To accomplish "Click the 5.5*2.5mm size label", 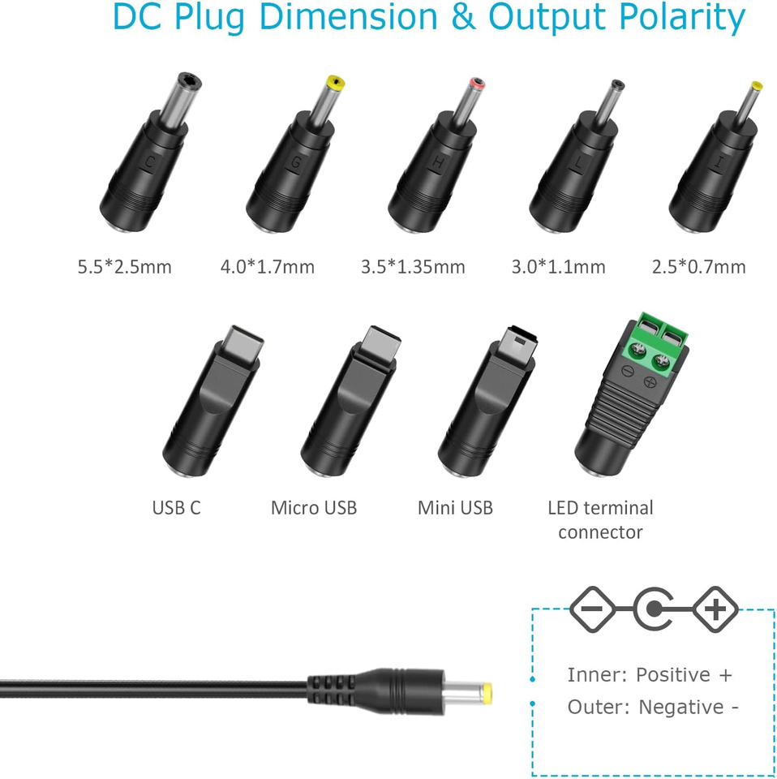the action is (125, 267).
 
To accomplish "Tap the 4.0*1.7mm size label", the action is (268, 267).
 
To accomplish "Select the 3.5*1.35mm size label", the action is (413, 267).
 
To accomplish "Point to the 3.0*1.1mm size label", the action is (559, 267).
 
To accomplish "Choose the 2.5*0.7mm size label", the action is (699, 267).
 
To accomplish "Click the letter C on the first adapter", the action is (150, 162).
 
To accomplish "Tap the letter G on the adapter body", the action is (296, 162).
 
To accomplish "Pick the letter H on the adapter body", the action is (438, 163).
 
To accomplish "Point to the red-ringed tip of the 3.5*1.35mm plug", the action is (477, 84).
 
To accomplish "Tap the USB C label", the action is (176, 508).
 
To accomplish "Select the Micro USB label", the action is (314, 508).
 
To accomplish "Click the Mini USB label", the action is (455, 508).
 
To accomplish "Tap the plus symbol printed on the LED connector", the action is (650, 382).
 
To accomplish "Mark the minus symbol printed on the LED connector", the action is (627, 370).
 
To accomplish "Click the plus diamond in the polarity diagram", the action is (715, 609).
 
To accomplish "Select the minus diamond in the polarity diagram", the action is (592, 609).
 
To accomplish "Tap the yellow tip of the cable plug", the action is (487, 691).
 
